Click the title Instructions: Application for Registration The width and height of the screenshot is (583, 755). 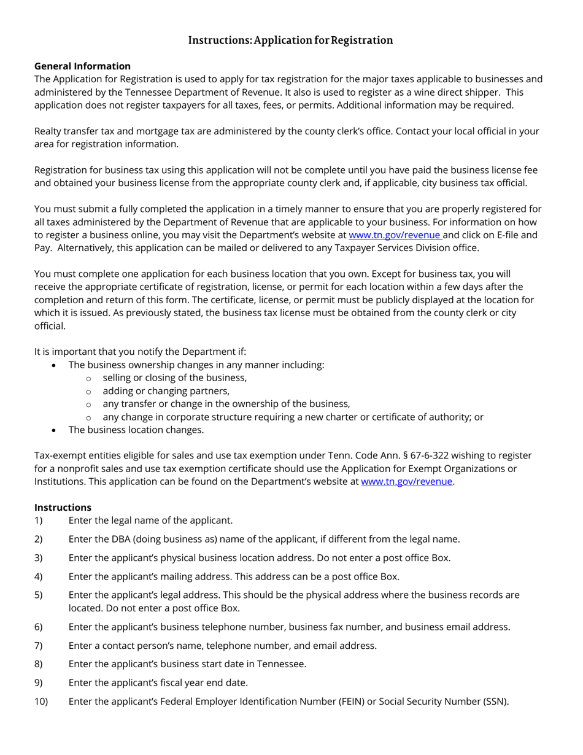tap(290, 41)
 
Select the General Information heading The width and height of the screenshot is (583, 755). tap(82, 66)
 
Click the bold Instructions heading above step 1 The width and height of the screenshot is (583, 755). tap(63, 507)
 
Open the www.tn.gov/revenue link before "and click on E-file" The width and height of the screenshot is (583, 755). tap(395, 235)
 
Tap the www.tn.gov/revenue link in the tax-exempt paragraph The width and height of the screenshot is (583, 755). tap(406, 482)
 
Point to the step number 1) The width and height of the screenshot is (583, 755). tap(39, 521)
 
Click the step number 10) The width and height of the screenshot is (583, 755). tap(41, 701)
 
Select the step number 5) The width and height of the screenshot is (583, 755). tap(39, 595)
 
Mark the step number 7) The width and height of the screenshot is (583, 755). tap(39, 645)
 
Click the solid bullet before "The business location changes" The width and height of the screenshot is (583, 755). tap(55, 430)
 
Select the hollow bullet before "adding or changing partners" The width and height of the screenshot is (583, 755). tap(88, 392)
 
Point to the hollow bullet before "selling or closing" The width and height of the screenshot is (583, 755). tap(88, 379)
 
